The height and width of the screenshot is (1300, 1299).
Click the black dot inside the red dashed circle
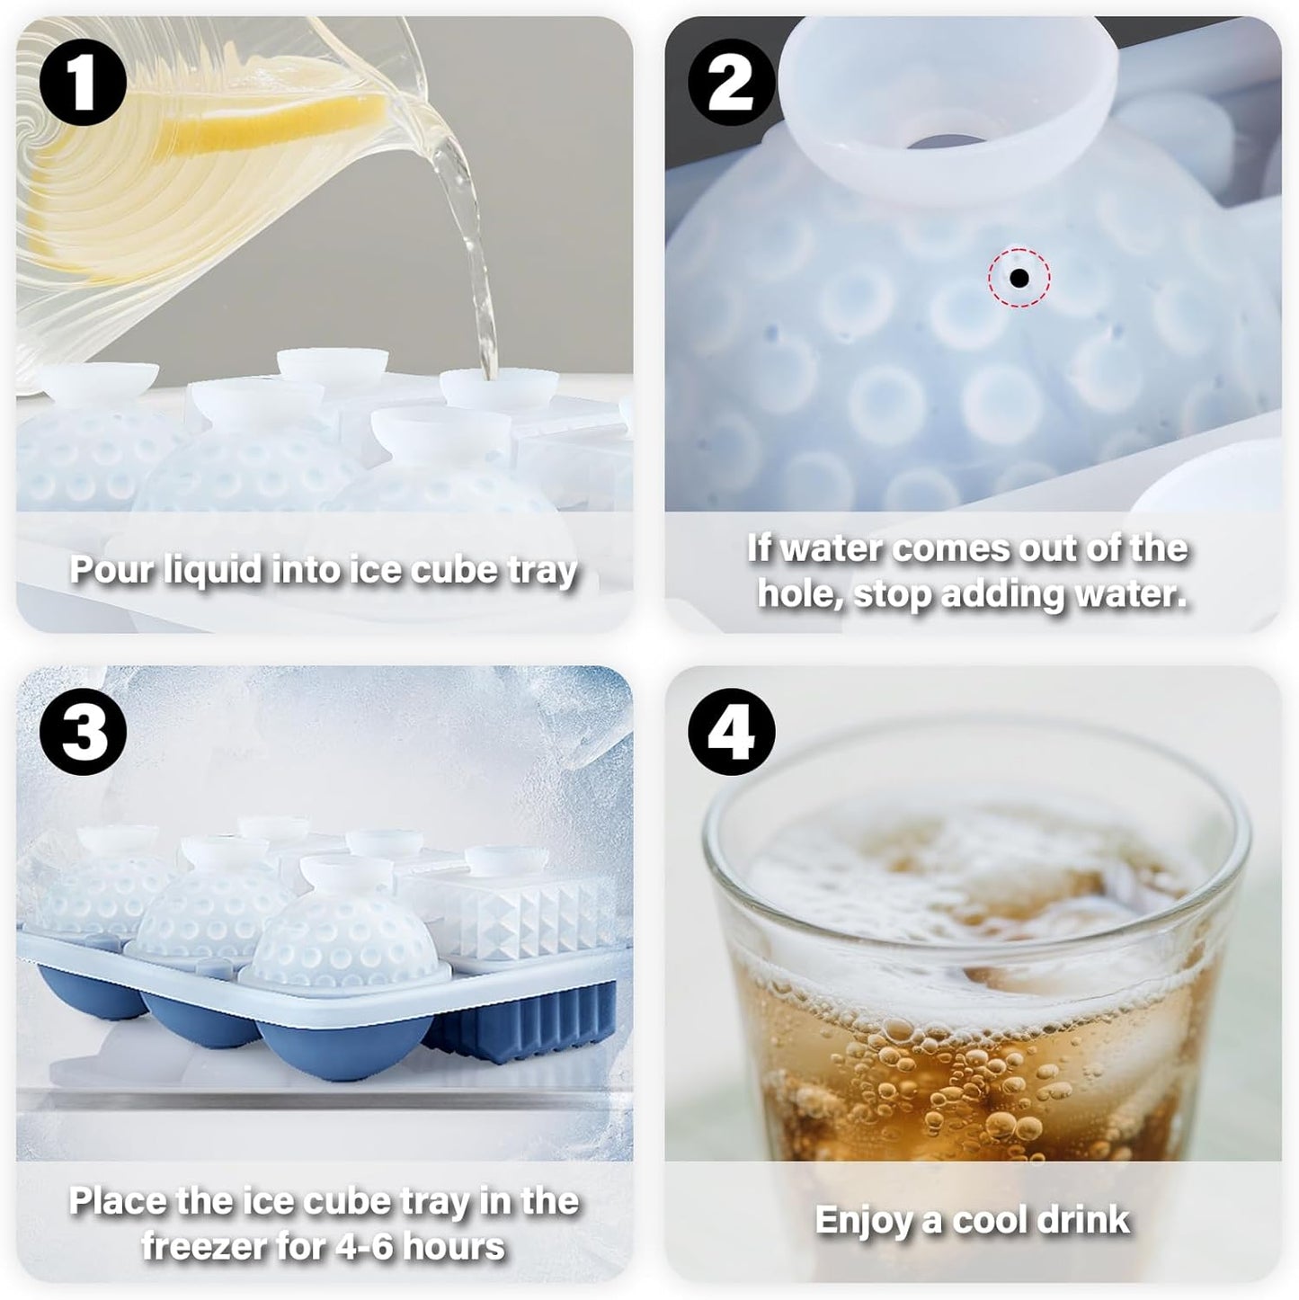coord(1019,278)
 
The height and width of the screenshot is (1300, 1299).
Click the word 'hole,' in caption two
coord(799,594)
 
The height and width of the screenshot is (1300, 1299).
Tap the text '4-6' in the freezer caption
coord(354,1247)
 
